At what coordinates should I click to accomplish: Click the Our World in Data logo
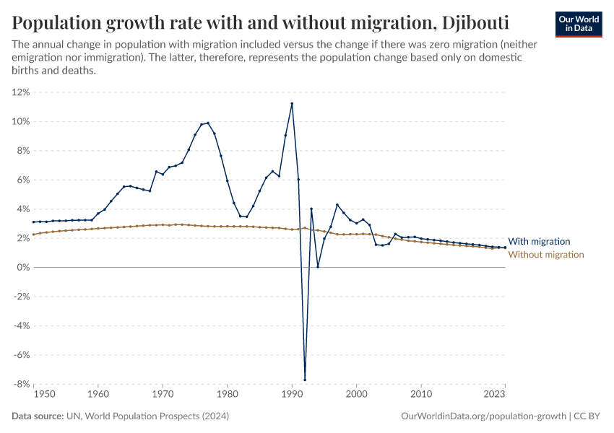(579, 24)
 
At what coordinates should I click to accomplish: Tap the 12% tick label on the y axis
(20, 92)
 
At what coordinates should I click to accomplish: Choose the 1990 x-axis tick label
(292, 395)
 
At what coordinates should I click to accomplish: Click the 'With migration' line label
(539, 242)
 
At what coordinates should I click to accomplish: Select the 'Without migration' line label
(546, 255)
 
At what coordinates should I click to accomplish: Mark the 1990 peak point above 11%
(292, 103)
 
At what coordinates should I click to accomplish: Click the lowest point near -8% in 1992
(305, 380)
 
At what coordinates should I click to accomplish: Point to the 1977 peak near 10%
(208, 123)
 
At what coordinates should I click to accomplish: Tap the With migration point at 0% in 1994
(318, 267)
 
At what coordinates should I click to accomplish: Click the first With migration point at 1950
(34, 222)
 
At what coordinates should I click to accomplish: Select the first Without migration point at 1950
(34, 234)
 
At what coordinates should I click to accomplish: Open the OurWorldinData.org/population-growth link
(483, 416)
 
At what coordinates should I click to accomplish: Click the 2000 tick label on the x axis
(356, 395)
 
